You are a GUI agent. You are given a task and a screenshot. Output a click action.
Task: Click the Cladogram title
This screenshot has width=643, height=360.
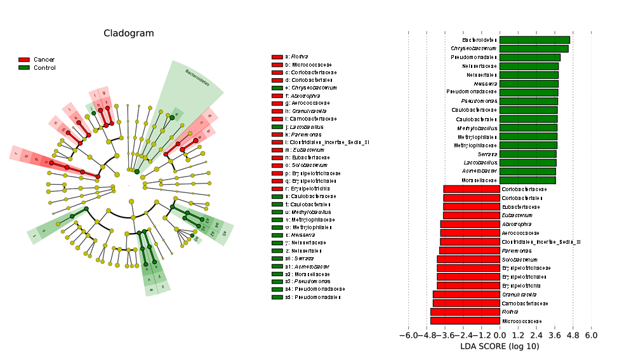[x=128, y=33]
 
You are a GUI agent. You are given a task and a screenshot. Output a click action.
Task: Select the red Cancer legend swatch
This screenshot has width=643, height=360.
[x=24, y=59]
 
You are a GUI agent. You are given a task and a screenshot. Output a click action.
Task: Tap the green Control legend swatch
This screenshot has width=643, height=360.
[x=24, y=67]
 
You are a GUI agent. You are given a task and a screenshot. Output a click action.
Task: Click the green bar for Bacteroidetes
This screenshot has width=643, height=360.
[x=534, y=40]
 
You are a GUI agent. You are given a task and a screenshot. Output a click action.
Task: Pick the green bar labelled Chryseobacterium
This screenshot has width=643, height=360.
[x=534, y=48]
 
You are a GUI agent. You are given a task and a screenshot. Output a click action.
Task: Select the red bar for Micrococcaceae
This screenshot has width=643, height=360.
[x=465, y=321]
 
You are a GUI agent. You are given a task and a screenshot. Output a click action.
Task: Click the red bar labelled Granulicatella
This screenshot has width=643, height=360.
[x=467, y=295]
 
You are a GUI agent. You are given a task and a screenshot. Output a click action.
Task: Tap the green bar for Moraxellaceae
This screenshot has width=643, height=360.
[x=527, y=180]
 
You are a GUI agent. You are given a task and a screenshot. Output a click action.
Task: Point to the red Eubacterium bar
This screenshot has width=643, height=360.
[x=472, y=215]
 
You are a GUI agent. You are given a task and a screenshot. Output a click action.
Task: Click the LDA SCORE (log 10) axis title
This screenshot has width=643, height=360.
[x=500, y=346]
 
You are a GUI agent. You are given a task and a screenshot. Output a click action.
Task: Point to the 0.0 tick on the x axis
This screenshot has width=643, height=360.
[x=500, y=335]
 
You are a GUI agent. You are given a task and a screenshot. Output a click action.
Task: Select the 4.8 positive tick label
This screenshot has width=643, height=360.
[x=573, y=335]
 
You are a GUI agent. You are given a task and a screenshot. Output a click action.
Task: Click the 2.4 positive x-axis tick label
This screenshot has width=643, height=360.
[x=536, y=335]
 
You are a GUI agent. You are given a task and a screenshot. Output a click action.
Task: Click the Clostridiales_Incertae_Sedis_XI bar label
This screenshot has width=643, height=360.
[x=541, y=242]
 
